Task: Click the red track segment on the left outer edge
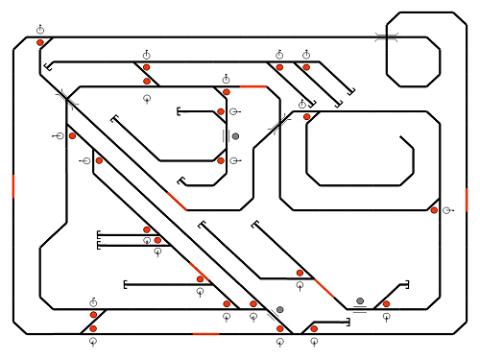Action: pyautogui.click(x=13, y=185)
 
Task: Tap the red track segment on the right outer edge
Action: pyautogui.click(x=467, y=199)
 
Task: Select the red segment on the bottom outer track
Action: pyautogui.click(x=205, y=334)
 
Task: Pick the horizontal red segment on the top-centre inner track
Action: pyautogui.click(x=252, y=86)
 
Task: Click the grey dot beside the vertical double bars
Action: pyautogui.click(x=235, y=136)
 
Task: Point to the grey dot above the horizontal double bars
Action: pyautogui.click(x=360, y=300)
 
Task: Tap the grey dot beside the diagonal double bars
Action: pyautogui.click(x=279, y=310)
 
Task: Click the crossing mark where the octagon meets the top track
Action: pyautogui.click(x=387, y=37)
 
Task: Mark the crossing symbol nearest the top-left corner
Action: pyautogui.click(x=66, y=97)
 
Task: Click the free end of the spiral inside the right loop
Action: pyautogui.click(x=401, y=137)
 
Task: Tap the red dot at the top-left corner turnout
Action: pyautogui.click(x=40, y=42)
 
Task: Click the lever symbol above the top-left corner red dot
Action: pyautogui.click(x=40, y=30)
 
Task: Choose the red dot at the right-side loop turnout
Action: pyautogui.click(x=434, y=210)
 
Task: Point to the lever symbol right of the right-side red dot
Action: pyautogui.click(x=446, y=210)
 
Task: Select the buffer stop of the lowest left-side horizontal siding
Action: pyautogui.click(x=126, y=284)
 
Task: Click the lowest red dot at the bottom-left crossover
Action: pyautogui.click(x=93, y=328)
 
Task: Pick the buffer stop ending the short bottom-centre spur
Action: pyautogui.click(x=348, y=323)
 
